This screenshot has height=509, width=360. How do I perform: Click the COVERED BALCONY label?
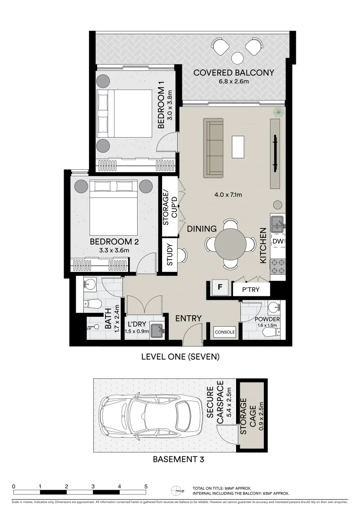pyautogui.click(x=233, y=73)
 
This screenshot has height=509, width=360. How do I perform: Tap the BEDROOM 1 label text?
pyautogui.click(x=161, y=105)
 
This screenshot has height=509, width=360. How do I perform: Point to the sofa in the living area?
pyautogui.click(x=213, y=148)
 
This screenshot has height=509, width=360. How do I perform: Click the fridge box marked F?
pyautogui.click(x=220, y=287)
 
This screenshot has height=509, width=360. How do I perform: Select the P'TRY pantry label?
pyautogui.click(x=251, y=289)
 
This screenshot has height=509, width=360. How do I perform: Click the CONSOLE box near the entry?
pyautogui.click(x=225, y=332)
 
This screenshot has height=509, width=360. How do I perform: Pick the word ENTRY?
pyautogui.click(x=188, y=319)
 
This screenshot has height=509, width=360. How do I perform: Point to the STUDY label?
pyautogui.click(x=169, y=255)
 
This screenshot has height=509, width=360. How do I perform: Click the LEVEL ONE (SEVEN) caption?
pyautogui.click(x=180, y=357)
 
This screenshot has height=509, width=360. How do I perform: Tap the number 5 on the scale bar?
pyautogui.click(x=146, y=486)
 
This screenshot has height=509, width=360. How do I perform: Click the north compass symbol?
pyautogui.click(x=176, y=491)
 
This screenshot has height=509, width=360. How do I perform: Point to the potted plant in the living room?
pyautogui.click(x=279, y=112)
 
